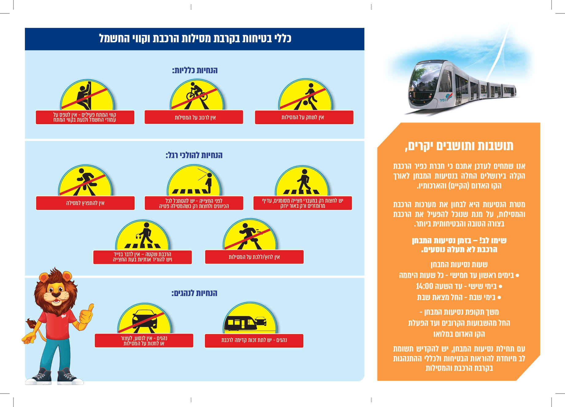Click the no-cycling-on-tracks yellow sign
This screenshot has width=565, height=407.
click(x=197, y=95)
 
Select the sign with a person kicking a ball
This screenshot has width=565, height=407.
click(x=306, y=95)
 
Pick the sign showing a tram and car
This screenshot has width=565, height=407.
click(x=250, y=319)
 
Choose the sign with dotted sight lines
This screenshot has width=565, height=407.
click(x=194, y=181)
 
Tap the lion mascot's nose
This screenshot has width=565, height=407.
click(x=56, y=295)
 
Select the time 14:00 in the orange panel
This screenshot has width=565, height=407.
click(x=424, y=286)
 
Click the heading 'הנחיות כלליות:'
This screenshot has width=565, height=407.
click(x=195, y=70)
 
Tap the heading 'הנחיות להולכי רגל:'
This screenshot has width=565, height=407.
click(x=194, y=155)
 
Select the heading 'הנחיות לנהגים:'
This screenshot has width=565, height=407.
click(x=194, y=293)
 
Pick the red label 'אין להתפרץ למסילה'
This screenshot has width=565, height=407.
click(x=85, y=203)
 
